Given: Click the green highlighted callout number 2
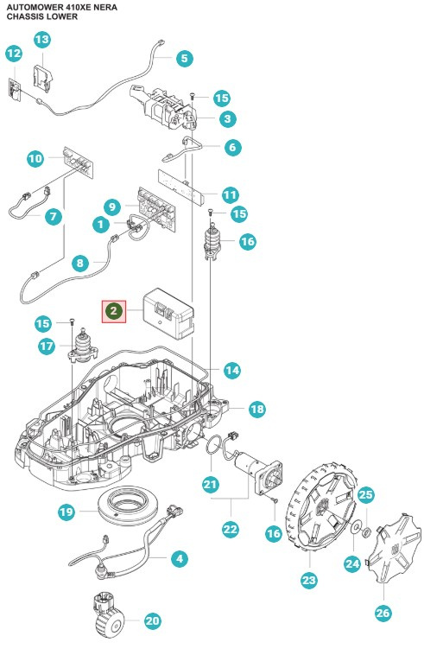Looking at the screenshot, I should tap(114, 310).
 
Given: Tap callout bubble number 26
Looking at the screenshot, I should tap(383, 613).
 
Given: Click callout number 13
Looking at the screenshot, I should tap(42, 40).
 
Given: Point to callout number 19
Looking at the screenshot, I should tap(67, 512).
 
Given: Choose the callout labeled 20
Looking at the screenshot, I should tap(154, 620).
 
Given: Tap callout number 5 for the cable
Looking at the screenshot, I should tap(184, 59).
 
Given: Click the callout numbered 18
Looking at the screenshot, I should tap(256, 409).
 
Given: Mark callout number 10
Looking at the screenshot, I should tap(35, 159).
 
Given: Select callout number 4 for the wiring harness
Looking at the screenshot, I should tap(180, 559).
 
